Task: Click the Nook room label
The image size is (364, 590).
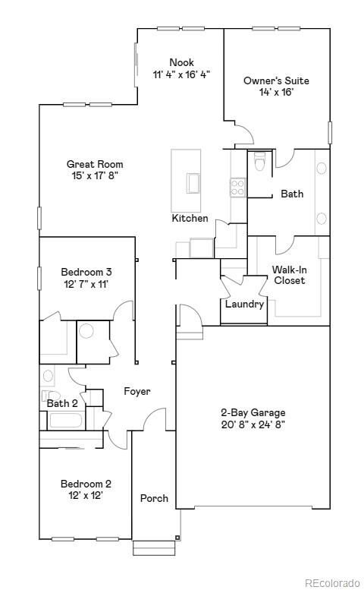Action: (x=181, y=62)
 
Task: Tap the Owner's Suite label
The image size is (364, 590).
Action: (x=276, y=80)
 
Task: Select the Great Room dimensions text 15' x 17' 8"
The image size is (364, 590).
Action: (x=94, y=175)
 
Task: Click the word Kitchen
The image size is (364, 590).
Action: (x=190, y=219)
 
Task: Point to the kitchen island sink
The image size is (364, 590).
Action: (x=193, y=183)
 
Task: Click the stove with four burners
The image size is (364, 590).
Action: (x=237, y=187)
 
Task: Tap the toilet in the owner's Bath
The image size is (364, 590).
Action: (x=259, y=162)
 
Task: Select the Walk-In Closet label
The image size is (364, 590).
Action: (x=290, y=275)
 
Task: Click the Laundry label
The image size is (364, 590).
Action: (x=244, y=304)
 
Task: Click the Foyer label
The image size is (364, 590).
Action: (x=137, y=392)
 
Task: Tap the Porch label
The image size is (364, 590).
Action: (x=154, y=499)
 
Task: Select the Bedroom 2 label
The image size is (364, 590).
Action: (x=86, y=484)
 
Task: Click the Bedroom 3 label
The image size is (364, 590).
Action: (x=86, y=272)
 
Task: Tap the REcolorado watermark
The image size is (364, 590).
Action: (x=333, y=582)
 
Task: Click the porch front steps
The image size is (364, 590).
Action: (x=154, y=547)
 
